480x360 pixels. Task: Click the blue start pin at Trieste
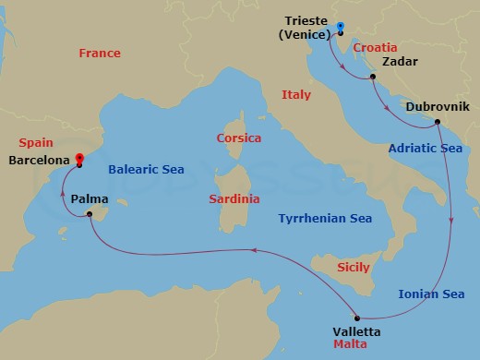click(340, 27)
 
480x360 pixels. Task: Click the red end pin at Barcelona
click(79, 159)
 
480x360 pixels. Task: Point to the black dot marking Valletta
click(356, 318)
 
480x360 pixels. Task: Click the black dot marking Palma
click(90, 215)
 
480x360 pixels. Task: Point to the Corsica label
click(238, 138)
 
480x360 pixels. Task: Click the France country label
click(100, 54)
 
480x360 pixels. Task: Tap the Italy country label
click(296, 95)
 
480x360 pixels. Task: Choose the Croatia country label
click(375, 46)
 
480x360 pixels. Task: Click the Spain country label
click(36, 144)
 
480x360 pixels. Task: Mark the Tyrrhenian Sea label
click(326, 219)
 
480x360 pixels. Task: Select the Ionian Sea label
click(431, 294)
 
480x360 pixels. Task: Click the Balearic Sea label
click(146, 170)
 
